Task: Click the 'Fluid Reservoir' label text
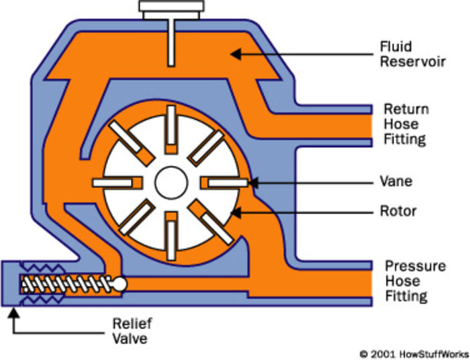[x=406, y=54]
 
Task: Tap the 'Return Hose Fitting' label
[x=406, y=124]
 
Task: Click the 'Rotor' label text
[x=399, y=212]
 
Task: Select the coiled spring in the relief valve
[x=64, y=285]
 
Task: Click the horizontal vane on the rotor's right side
[x=226, y=182]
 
